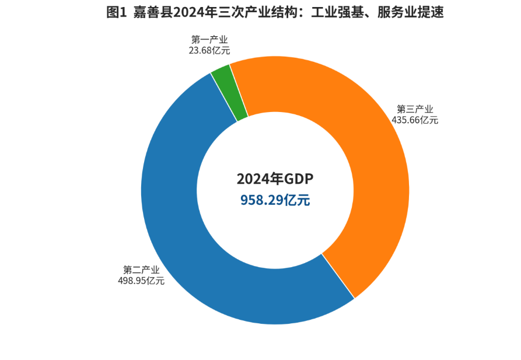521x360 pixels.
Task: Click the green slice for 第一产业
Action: click(229, 93)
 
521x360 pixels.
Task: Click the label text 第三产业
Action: click(415, 109)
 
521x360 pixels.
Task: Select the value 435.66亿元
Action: click(415, 120)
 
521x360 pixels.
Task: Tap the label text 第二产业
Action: click(141, 270)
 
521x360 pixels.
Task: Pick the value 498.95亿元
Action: click(141, 281)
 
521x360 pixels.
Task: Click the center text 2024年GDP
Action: click(275, 179)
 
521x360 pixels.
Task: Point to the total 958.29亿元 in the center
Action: click(275, 200)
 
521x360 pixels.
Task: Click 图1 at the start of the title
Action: click(116, 12)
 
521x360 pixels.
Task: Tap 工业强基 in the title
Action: click(351, 12)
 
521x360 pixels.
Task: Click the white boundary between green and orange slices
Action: click(239, 90)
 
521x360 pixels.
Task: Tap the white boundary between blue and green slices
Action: click(223, 97)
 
